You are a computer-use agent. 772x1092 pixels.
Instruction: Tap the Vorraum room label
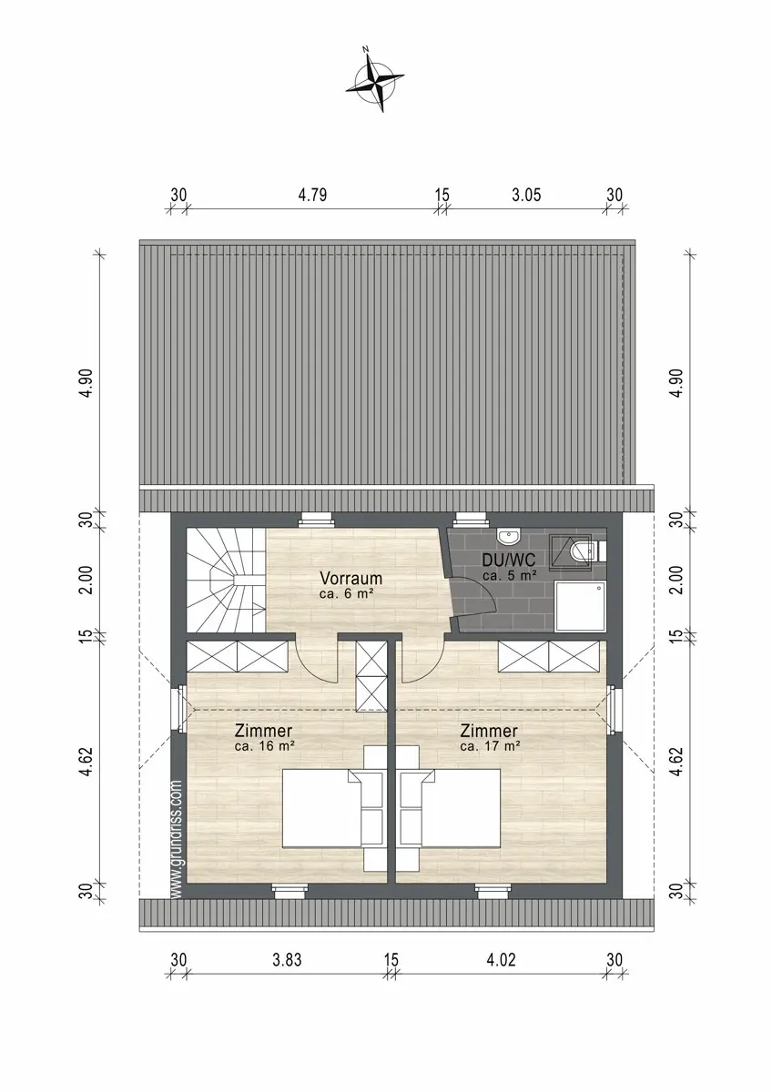350,578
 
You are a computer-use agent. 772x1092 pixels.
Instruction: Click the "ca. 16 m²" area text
264,746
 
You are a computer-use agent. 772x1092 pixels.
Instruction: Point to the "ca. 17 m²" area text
490,746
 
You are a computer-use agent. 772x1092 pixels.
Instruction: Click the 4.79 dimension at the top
312,195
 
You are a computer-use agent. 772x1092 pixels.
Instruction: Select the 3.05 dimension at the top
526,195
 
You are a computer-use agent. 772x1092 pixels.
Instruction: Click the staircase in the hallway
226,581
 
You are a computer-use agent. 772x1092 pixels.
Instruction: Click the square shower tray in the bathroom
580,605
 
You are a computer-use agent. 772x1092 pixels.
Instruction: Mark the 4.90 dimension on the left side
87,383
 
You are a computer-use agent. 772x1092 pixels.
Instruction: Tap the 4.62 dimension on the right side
675,761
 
